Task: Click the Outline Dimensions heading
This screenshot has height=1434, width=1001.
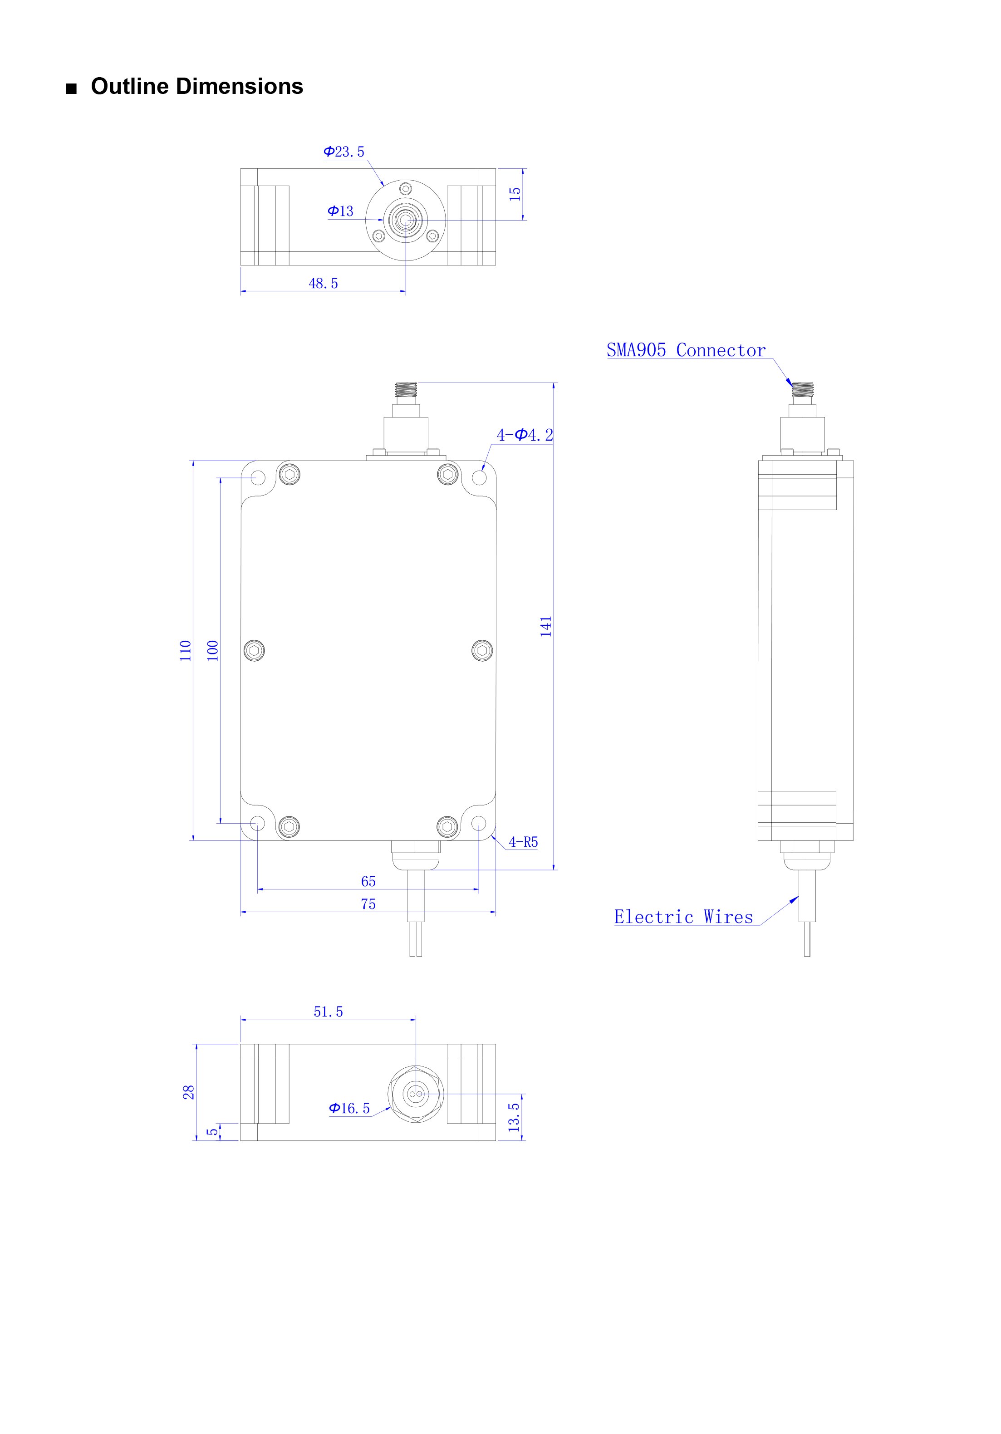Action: [x=196, y=86]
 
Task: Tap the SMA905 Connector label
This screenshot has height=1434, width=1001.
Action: [x=686, y=350]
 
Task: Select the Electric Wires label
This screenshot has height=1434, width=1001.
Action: [x=683, y=917]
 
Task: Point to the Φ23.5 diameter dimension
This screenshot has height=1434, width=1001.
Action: [x=343, y=152]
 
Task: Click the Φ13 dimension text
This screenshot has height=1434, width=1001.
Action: [x=340, y=211]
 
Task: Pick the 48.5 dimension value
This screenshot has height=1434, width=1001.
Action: [x=324, y=284]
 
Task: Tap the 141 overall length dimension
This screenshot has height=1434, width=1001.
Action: [x=546, y=626]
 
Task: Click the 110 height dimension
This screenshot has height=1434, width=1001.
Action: [x=186, y=651]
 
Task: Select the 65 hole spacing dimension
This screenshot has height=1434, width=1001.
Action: [x=368, y=881]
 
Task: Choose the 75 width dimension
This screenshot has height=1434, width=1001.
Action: [x=368, y=904]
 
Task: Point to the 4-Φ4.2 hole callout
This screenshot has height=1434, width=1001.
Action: [x=525, y=435]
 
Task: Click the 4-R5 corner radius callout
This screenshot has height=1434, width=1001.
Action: [x=523, y=842]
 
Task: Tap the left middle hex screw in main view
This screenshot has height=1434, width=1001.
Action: [x=254, y=650]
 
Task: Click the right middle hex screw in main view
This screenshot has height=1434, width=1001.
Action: [x=482, y=650]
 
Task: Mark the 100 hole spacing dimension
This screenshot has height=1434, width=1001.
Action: [x=213, y=651]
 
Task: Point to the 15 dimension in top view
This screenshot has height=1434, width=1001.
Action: [x=515, y=194]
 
